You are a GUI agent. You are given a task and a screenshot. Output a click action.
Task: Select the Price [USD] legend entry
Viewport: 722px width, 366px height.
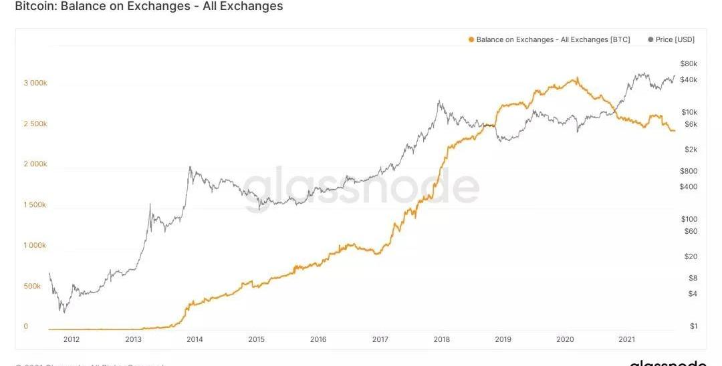pos(675,40)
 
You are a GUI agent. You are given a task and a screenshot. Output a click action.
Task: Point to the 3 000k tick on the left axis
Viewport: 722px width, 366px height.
pos(35,83)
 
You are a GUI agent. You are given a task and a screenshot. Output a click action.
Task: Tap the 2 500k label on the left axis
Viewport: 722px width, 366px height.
pos(35,124)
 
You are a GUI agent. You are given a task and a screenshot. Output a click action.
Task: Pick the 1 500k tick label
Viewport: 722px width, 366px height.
pos(35,205)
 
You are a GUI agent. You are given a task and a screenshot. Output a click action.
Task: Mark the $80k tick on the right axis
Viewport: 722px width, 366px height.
pos(689,64)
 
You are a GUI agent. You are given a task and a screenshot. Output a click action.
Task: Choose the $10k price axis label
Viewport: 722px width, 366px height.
pos(689,112)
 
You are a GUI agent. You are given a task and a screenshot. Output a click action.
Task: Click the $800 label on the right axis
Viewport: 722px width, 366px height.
pos(689,171)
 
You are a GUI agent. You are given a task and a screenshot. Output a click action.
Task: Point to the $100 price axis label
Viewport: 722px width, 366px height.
pos(689,219)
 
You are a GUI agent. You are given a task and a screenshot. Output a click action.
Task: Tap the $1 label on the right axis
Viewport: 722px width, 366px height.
pos(693,326)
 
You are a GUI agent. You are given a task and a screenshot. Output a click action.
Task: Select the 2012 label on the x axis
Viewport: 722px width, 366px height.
pos(72,339)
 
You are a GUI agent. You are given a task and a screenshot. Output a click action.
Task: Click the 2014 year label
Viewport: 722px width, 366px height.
pos(195,339)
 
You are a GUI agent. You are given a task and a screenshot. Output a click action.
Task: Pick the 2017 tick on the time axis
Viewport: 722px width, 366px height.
pos(380,339)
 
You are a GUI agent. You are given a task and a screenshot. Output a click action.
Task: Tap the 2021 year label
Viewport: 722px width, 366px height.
pos(626,339)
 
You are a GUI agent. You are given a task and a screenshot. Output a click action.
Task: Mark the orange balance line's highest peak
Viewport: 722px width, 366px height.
pos(576,78)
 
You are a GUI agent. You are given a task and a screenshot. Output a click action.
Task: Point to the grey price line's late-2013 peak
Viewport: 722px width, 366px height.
pos(190,167)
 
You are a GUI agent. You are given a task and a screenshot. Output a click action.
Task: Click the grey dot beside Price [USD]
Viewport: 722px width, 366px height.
pos(650,40)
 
